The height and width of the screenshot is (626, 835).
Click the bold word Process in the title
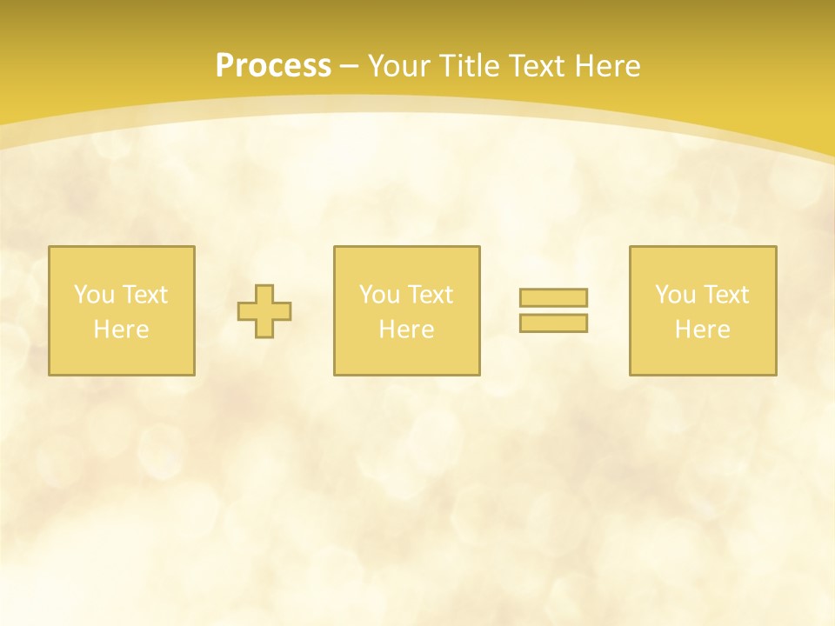pos(273,66)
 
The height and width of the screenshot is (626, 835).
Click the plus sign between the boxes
pos(264,311)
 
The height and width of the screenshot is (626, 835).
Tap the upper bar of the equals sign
pos(553,298)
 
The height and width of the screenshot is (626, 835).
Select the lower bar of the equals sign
pos(553,323)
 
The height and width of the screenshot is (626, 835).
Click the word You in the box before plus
pos(94,295)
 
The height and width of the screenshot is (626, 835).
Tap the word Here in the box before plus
pos(122,330)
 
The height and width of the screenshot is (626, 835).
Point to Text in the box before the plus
pos(144,295)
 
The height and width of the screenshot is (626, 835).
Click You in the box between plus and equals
pos(379,295)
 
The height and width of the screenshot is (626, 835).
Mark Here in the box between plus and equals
pos(407,330)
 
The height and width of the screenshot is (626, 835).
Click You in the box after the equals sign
pos(675,295)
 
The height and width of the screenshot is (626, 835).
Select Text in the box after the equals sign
pos(725,295)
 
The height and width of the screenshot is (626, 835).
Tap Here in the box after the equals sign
pos(703,330)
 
